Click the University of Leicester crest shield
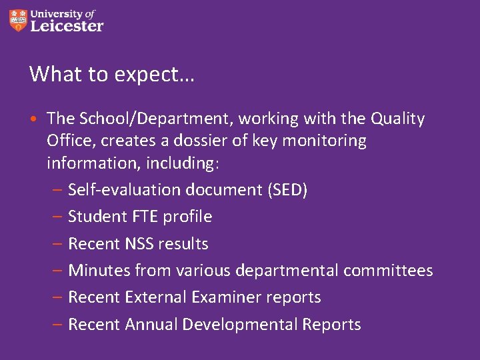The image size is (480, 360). click(x=19, y=20)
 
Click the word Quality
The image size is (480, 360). click(x=397, y=119)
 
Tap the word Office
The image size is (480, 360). click(x=68, y=141)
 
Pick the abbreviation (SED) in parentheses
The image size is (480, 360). click(x=287, y=190)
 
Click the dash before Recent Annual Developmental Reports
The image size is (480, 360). click(x=58, y=325)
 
